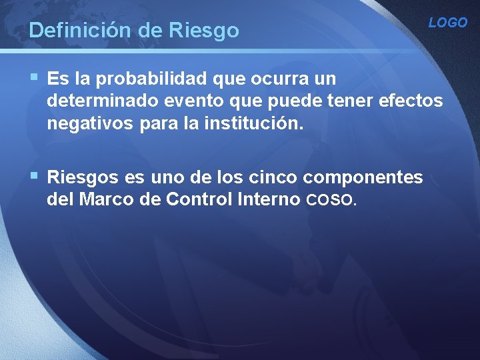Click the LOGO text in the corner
click(x=447, y=23)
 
